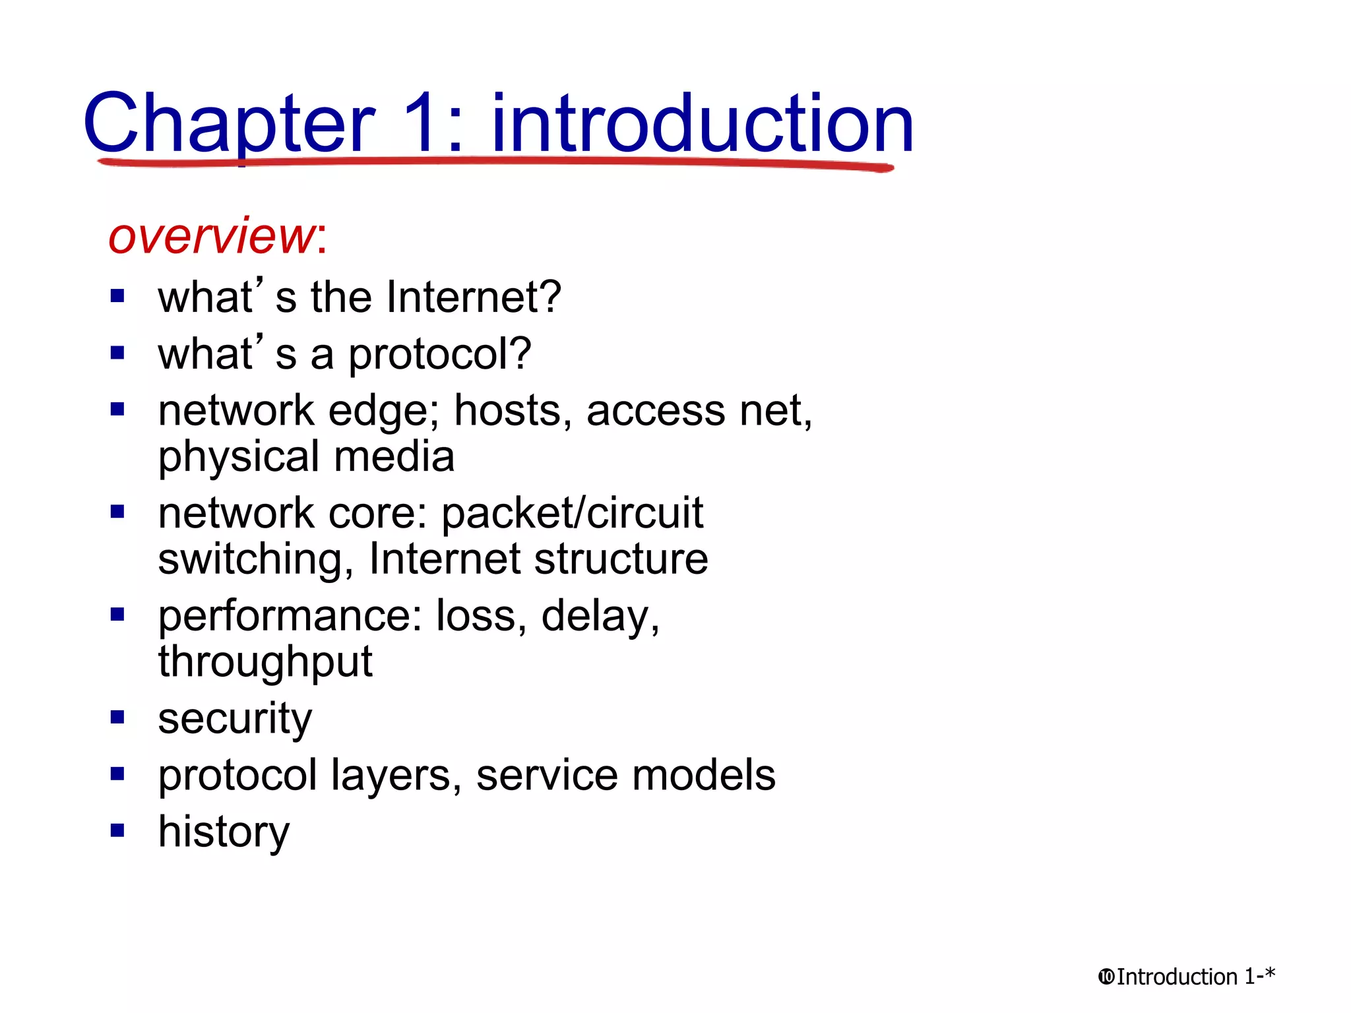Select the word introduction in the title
point(703,123)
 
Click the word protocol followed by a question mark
point(439,355)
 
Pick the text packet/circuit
point(572,513)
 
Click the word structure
point(621,559)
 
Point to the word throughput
point(265,662)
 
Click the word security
point(235,719)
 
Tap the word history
point(224,832)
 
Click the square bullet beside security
point(117,717)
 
